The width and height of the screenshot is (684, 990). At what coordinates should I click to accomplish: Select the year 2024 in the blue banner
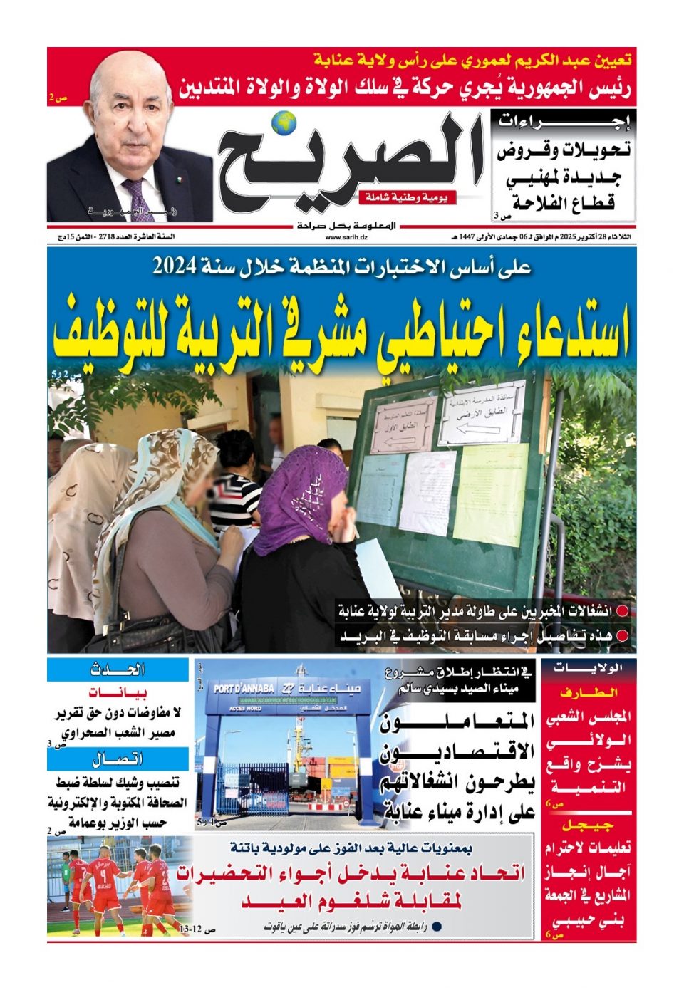(x=172, y=267)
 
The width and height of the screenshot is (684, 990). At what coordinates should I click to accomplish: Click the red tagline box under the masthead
(x=408, y=197)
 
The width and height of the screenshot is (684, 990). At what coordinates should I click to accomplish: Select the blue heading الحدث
(x=118, y=670)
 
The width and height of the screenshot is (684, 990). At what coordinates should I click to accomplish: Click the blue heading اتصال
(x=118, y=759)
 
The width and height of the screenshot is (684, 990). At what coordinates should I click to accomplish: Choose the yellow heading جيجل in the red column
(x=588, y=826)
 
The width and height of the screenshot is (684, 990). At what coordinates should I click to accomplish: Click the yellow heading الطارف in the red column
(x=588, y=692)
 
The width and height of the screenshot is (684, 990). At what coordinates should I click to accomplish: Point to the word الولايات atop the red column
(x=588, y=668)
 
